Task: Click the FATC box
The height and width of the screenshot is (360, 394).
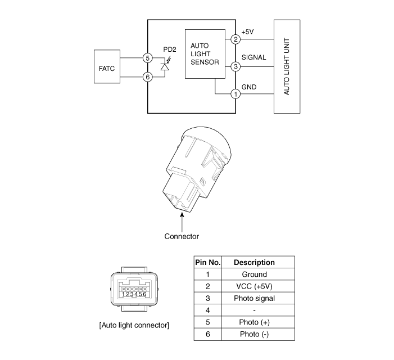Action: coord(107,67)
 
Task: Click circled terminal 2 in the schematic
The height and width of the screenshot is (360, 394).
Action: coord(236,39)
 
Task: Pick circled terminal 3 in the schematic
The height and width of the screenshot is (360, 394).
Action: coord(236,66)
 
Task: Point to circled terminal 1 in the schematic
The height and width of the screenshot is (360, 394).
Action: coord(236,94)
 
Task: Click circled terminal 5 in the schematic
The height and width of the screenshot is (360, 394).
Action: coord(147,58)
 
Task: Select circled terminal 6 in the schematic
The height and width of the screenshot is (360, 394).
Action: coord(147,76)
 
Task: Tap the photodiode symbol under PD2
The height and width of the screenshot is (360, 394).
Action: coord(165,67)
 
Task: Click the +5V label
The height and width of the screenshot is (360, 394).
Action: coord(248,31)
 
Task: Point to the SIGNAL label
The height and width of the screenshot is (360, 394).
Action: coord(253,58)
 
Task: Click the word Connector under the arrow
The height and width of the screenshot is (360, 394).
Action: coord(182,236)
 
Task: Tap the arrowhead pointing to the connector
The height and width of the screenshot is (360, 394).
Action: coord(182,213)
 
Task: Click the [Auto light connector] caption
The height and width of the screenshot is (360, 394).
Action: coord(134,325)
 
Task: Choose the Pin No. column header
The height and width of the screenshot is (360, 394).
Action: coord(207,262)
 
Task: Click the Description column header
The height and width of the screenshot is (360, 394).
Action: coord(254,262)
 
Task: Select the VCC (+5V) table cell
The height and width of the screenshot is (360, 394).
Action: coord(254,286)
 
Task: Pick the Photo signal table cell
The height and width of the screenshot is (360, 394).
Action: coord(254,298)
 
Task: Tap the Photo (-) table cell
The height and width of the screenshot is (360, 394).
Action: coord(254,334)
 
